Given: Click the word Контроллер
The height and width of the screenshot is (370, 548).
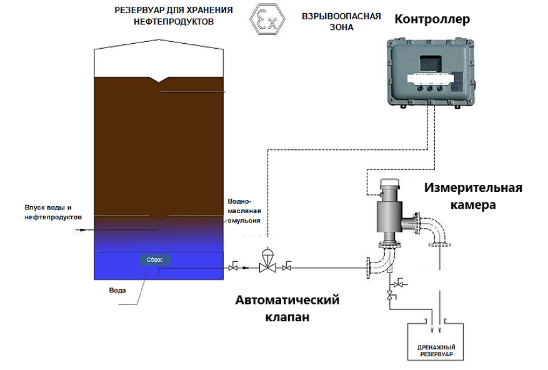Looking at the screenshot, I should click(x=432, y=19).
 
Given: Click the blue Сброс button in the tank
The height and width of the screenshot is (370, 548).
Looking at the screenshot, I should click(x=154, y=259).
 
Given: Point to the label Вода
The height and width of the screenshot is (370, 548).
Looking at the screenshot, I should click(x=117, y=291).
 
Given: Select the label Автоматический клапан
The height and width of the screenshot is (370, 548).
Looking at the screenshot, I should click(x=287, y=309).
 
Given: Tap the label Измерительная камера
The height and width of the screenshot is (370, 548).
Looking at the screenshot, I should click(x=473, y=196).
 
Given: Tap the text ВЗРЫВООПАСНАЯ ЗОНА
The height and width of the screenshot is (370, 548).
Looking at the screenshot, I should click(x=341, y=21).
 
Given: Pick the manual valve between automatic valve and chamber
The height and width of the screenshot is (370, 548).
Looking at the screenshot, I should click(x=287, y=268).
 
